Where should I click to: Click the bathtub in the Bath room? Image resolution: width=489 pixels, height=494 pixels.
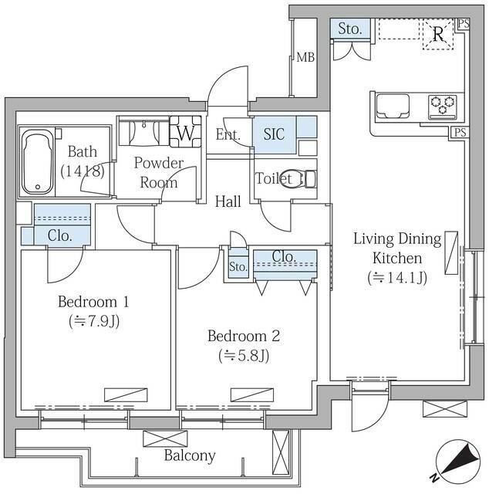[38, 162]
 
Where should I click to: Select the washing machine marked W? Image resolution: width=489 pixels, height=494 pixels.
[185, 132]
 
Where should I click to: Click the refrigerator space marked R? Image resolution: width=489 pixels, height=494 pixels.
[437, 34]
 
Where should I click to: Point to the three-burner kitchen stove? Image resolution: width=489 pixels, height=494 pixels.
[443, 107]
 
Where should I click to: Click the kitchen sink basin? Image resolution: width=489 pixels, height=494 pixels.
[393, 106]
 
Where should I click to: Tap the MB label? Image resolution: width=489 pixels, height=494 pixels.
[305, 58]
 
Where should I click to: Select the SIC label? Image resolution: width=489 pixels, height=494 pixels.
[274, 134]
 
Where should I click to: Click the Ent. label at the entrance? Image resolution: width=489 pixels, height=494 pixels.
[228, 135]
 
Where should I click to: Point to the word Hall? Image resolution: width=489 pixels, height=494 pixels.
[228, 201]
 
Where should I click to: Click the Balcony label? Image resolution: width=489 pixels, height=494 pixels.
[190, 455]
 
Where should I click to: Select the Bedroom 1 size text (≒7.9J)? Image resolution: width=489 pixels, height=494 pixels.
[94, 321]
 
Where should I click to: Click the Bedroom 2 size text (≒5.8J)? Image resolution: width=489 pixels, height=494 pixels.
[244, 356]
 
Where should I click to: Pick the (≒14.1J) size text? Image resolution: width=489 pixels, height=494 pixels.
[397, 278]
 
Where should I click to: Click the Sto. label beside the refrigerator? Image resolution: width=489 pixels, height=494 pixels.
[350, 29]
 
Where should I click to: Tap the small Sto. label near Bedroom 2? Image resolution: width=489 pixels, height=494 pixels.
[238, 267]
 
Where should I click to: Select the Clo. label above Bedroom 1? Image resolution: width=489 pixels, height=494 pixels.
[60, 235]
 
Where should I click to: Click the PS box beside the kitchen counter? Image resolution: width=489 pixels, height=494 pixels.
[460, 132]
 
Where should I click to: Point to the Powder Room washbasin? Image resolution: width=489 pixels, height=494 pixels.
[144, 132]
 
